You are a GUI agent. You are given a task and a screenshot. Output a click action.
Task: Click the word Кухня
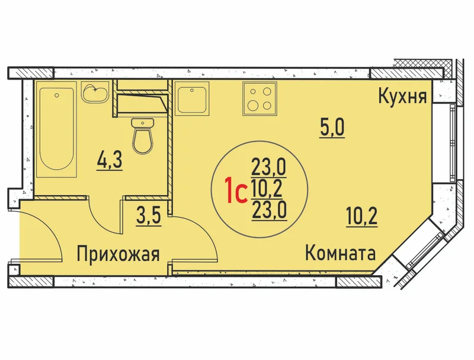(x=402, y=97)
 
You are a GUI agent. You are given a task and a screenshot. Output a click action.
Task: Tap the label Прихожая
(x=118, y=253)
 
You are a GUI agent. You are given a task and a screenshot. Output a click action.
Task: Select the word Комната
(x=340, y=253)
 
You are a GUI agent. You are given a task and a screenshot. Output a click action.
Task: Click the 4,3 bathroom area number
(x=110, y=161)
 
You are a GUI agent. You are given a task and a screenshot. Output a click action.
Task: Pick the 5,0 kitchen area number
(x=332, y=128)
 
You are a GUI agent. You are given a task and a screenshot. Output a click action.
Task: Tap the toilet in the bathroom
(x=143, y=136)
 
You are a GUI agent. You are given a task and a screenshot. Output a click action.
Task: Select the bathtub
(x=56, y=129)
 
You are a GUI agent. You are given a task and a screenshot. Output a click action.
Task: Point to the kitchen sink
(x=192, y=98)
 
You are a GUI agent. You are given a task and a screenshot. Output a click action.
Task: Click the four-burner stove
(x=260, y=98)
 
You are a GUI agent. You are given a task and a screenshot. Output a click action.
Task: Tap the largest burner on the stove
(x=253, y=106)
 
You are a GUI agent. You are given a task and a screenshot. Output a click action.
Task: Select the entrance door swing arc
(x=47, y=230)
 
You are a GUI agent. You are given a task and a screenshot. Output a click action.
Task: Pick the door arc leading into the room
(x=203, y=233)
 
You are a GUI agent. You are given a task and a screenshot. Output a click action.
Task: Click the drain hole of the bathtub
(x=56, y=95)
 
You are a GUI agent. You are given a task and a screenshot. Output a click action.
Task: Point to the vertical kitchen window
(x=452, y=143)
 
